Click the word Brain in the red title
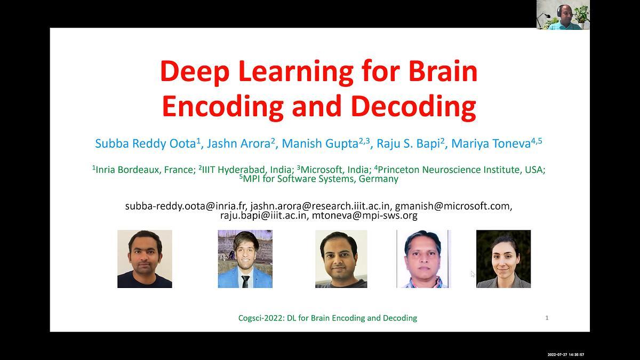click(x=443, y=71)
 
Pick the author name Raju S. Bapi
click(x=409, y=143)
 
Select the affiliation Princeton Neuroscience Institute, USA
click(x=460, y=170)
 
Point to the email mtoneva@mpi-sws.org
click(x=365, y=215)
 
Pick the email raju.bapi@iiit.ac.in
click(x=263, y=215)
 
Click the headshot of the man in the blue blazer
click(x=245, y=259)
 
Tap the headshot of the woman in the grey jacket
click(x=503, y=259)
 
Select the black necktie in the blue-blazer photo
click(x=245, y=282)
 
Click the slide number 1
click(x=547, y=318)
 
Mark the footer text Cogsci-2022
click(x=261, y=318)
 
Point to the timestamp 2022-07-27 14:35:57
click(x=566, y=355)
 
